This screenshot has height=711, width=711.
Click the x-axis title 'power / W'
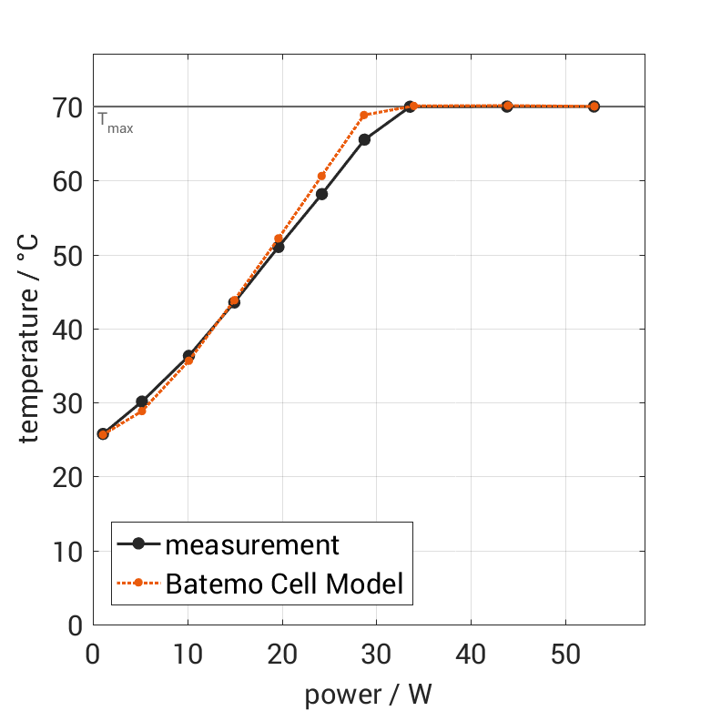point(368,695)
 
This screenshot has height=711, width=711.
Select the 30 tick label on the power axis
point(376,655)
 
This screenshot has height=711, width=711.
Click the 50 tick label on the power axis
point(564,655)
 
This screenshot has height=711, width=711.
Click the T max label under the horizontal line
point(116,125)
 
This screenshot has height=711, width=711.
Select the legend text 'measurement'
point(252,545)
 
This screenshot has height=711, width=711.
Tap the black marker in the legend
point(138,544)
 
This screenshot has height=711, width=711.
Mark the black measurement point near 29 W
point(364,139)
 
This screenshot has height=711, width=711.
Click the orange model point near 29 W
point(364,116)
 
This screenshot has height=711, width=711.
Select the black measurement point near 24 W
point(321,194)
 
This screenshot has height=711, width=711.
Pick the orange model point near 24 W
point(321,176)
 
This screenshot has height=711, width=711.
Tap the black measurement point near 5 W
point(141,401)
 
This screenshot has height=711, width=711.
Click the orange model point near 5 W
point(141,411)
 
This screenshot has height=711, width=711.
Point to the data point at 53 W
point(594,107)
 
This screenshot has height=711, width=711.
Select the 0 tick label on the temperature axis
point(75,625)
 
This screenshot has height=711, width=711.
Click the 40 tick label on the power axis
point(471,655)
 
